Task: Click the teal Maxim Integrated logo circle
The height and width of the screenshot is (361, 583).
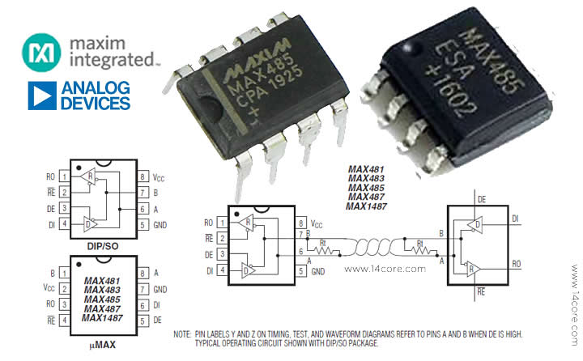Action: tap(41, 53)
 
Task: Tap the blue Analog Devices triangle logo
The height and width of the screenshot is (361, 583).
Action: tap(42, 96)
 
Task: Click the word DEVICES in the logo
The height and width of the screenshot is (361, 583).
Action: tap(96, 103)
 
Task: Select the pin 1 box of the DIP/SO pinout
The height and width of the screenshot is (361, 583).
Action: tap(64, 176)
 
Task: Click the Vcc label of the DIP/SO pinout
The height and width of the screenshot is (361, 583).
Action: tap(159, 177)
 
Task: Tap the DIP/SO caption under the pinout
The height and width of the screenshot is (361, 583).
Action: tap(103, 246)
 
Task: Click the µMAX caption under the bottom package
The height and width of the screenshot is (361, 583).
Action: tap(103, 345)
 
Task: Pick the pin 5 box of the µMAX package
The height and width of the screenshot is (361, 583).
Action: tap(143, 320)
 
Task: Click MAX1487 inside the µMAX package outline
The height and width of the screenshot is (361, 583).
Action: tap(102, 318)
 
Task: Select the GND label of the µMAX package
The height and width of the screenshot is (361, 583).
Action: tap(160, 289)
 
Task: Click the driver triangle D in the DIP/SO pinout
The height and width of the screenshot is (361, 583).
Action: tap(90, 224)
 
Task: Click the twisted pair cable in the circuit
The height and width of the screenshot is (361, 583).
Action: tap(372, 247)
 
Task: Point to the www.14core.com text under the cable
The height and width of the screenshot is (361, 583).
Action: tap(385, 269)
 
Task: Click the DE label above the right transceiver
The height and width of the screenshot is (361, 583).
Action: tap(482, 200)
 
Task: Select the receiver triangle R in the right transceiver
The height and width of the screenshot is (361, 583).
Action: tap(474, 268)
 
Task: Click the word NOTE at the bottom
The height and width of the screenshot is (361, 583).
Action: tap(182, 334)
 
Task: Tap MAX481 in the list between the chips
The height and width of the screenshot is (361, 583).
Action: tap(366, 169)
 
